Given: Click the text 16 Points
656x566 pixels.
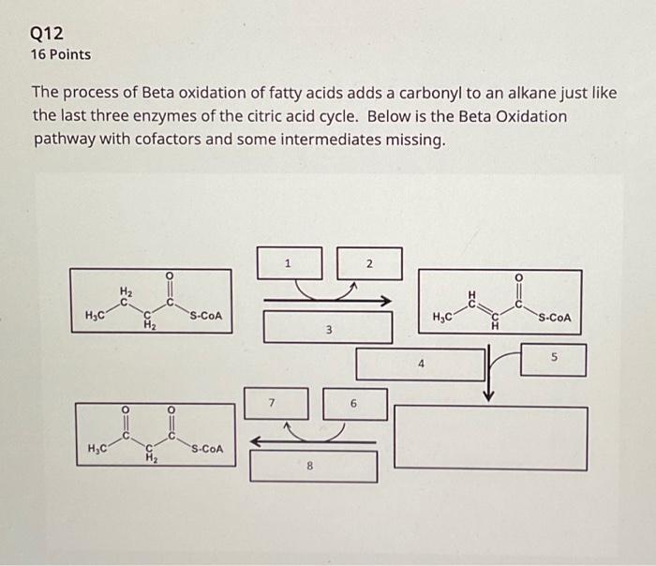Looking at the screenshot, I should tap(61, 54).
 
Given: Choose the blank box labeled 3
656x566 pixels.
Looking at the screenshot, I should tap(328, 327).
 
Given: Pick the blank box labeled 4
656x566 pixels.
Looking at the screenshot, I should tap(422, 363).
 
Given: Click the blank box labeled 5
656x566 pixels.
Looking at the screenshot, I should tap(553, 359).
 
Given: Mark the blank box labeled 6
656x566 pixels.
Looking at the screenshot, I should tap(354, 403).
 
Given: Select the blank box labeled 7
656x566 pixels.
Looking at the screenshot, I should tap(273, 403).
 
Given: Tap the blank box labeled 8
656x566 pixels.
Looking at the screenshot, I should tap(314, 466).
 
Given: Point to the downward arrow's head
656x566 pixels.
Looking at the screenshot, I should tap(487, 394).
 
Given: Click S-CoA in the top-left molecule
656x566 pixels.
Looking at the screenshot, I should tap(205, 315).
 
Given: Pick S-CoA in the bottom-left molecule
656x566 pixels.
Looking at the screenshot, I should tap(205, 449).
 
